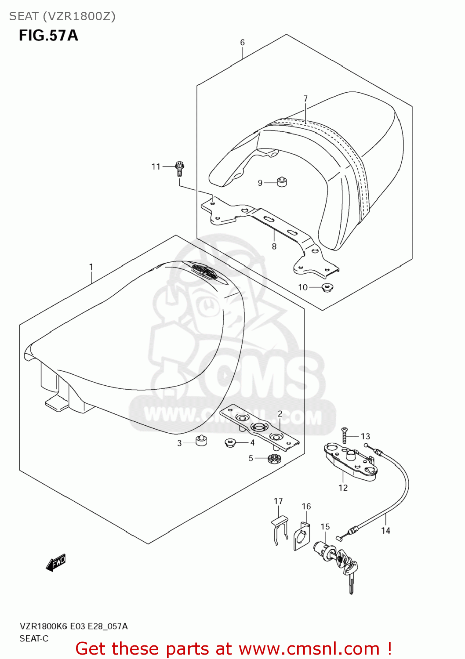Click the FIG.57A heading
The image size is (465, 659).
click(48, 35)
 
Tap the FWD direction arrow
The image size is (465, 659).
click(56, 562)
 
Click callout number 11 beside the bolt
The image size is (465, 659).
click(156, 167)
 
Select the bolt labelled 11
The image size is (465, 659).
click(179, 168)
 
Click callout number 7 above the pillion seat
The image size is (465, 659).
click(305, 99)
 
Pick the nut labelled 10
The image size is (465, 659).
click(327, 288)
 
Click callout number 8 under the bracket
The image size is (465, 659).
click(274, 246)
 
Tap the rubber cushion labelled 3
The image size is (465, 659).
click(201, 440)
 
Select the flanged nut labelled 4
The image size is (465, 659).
click(230, 442)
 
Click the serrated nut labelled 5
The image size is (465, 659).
click(274, 459)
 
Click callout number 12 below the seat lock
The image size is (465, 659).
click(343, 488)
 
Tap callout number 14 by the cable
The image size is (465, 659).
click(385, 531)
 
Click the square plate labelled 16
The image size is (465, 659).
click(302, 536)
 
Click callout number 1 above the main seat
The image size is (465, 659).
click(91, 267)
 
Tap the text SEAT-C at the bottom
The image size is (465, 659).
click(34, 638)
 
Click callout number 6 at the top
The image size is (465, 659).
click(242, 43)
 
